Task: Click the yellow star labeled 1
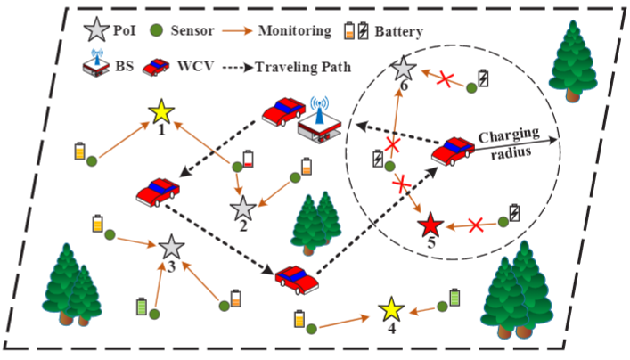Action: pyautogui.click(x=161, y=112)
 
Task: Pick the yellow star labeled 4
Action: pyautogui.click(x=390, y=310)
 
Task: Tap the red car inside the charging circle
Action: pyautogui.click(x=453, y=151)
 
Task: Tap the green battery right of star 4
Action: pyautogui.click(x=456, y=297)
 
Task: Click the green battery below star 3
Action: pyautogui.click(x=141, y=307)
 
